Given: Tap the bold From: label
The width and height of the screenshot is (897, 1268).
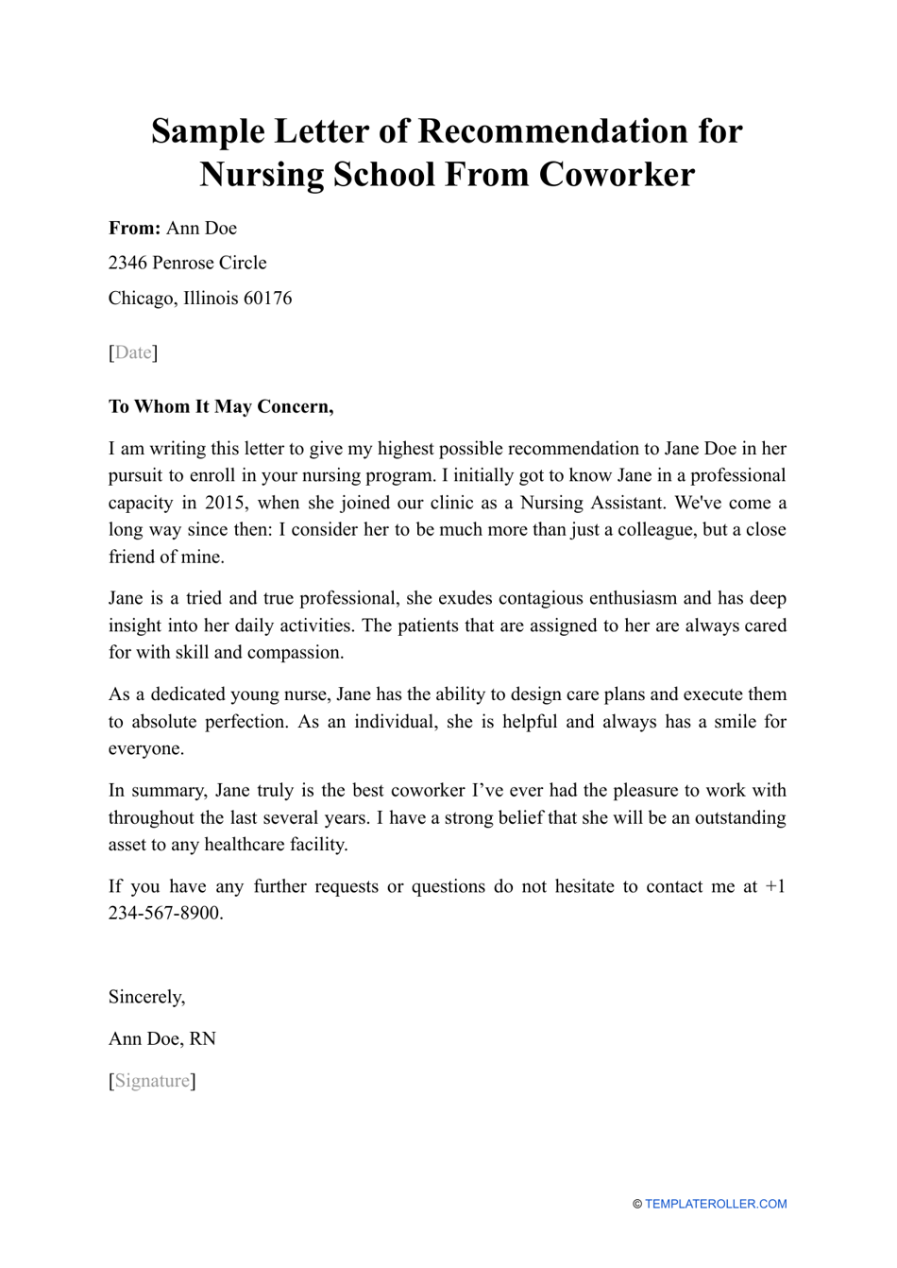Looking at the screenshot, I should coord(134,229).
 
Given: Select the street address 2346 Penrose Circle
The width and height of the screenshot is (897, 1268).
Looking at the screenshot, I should coord(187,263).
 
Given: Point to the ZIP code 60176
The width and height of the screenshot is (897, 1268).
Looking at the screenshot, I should coord(267,299).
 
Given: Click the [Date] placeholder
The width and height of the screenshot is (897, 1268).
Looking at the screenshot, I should coord(133,352).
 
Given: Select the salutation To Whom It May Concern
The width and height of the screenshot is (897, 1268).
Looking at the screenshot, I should coord(220,407).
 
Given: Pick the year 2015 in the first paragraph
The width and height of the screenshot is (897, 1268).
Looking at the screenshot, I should coord(225,503).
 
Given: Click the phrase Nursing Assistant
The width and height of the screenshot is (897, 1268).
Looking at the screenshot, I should coord(592,503).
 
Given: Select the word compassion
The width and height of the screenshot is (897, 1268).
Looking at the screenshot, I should coord(294,652).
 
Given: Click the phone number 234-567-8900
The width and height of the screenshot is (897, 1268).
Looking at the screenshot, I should coord(164,914).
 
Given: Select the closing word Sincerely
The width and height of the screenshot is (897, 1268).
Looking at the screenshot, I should coord(146,997).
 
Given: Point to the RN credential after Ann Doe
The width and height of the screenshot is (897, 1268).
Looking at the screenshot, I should coord(203,1039).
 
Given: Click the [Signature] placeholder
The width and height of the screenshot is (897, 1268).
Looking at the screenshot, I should coord(152,1081).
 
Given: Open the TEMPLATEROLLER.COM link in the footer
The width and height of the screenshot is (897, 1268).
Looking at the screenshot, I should coord(715,1204).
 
